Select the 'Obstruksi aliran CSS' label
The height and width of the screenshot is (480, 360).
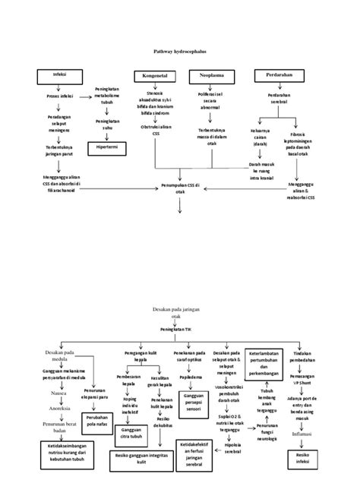156,130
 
